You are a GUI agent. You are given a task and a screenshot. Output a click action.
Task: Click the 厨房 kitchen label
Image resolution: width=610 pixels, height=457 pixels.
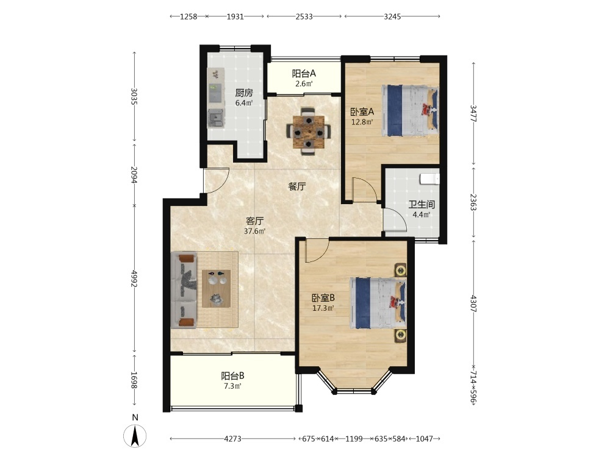point(244,93)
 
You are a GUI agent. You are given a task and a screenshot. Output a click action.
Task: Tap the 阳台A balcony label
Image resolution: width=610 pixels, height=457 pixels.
point(304,73)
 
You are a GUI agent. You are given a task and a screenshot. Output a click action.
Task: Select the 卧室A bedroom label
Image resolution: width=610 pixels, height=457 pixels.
point(362,112)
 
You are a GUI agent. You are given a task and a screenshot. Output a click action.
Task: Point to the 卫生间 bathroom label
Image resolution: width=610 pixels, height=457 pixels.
point(422,204)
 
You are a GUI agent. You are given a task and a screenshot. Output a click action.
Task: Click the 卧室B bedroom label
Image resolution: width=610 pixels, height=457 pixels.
point(323,298)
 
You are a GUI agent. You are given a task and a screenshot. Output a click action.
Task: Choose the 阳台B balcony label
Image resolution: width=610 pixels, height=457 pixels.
point(232,376)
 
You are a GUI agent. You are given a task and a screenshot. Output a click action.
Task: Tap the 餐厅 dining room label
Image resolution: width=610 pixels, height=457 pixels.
point(297,186)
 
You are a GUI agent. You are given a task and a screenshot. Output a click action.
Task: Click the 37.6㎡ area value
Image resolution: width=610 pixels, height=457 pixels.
point(255,231)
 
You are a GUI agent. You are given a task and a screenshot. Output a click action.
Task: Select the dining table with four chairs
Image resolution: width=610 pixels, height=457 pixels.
point(309,132)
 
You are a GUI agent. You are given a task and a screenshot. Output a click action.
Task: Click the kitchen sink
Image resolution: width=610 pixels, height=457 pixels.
point(216,118)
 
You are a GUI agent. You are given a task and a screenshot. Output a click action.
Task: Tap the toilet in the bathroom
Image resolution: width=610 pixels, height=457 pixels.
point(430,179)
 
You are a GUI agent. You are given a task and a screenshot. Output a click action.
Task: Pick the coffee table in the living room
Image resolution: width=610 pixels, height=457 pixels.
point(217,289)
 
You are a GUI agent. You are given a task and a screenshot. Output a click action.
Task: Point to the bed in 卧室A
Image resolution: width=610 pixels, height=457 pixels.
point(410,111)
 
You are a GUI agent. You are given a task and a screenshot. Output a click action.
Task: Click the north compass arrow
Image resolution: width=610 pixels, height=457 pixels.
point(135,436)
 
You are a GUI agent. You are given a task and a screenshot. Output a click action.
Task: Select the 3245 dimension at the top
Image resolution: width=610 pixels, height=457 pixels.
point(392,16)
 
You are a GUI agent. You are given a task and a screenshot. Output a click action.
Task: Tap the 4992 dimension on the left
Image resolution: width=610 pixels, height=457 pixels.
point(134,279)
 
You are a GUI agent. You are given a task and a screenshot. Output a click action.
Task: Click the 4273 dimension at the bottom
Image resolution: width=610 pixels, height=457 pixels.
point(232,439)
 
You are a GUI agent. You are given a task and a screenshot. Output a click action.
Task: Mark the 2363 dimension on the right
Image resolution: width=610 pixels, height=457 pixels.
point(473,202)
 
